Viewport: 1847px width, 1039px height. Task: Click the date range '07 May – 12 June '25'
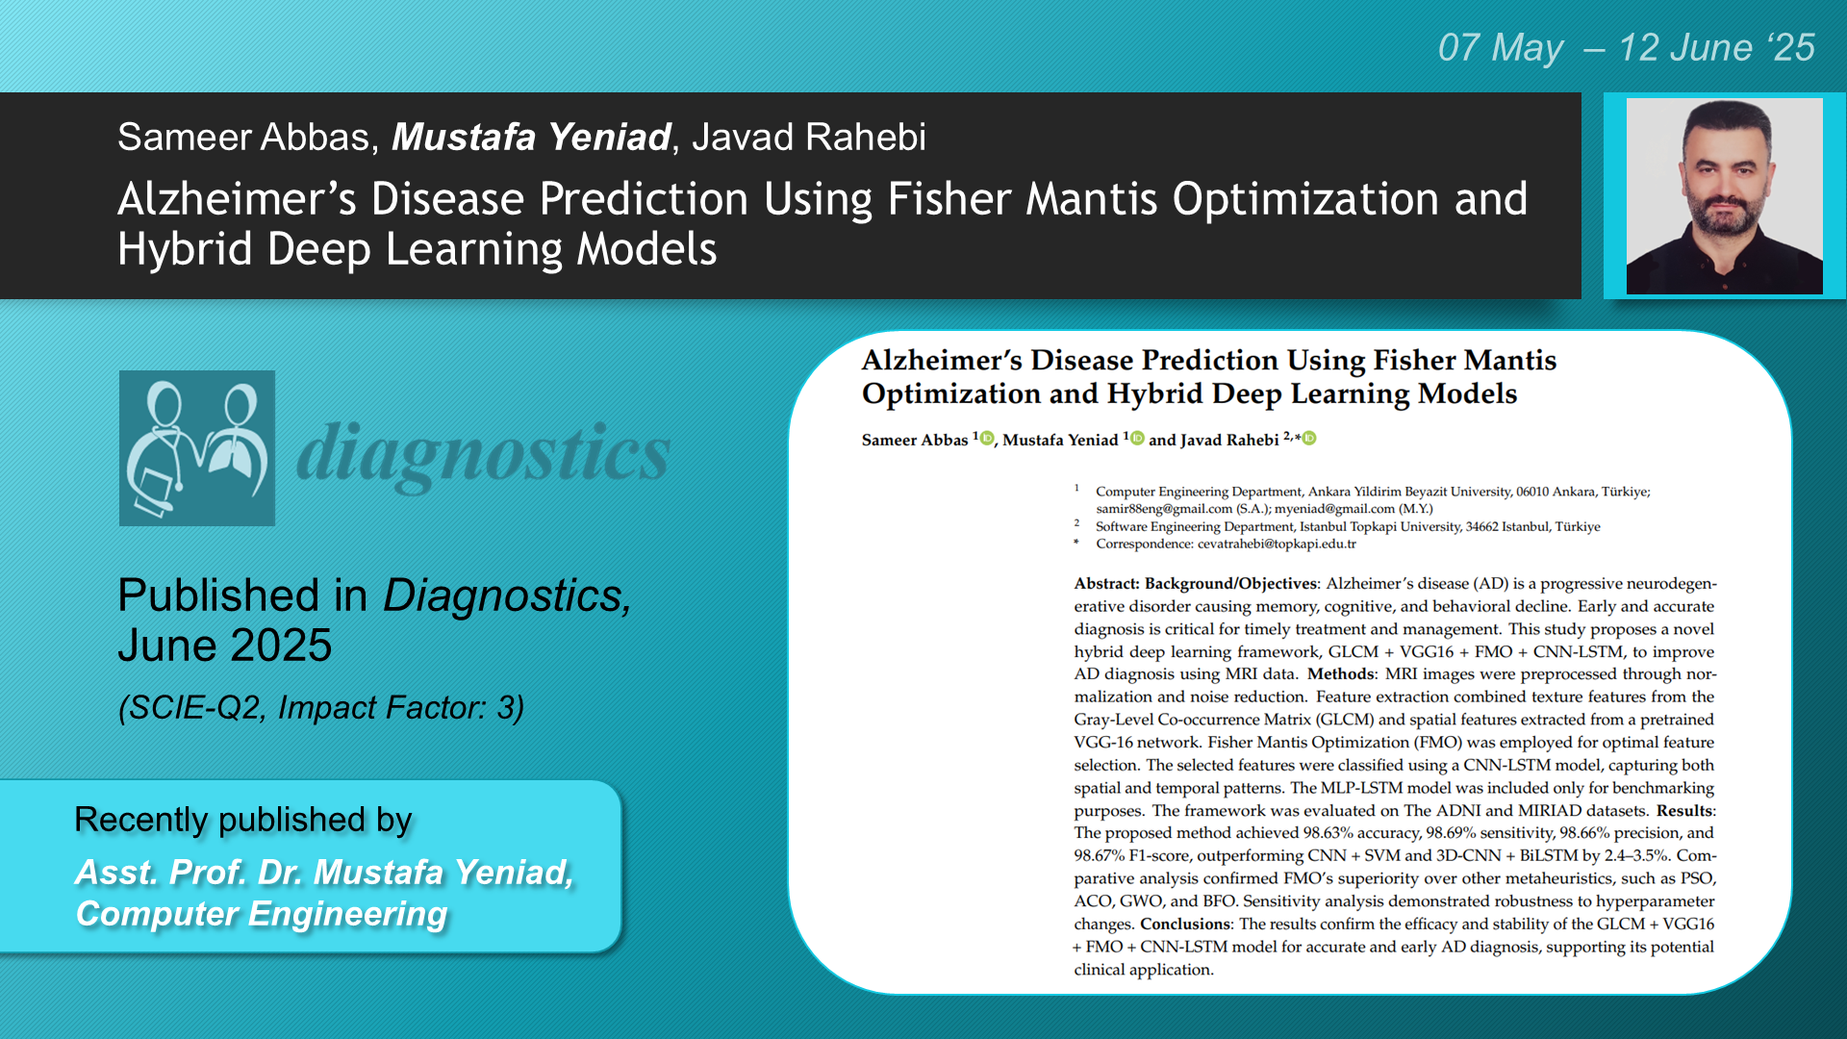pos(1626,47)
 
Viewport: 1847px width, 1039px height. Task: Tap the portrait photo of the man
pos(1724,196)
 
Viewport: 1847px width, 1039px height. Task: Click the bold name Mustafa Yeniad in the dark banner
pos(531,137)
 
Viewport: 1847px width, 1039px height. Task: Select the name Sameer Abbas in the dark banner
pos(243,137)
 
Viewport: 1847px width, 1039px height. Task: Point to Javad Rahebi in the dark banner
pos(809,137)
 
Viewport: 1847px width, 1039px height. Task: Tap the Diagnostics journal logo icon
pos(197,448)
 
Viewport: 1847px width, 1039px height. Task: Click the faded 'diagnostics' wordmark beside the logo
pos(483,453)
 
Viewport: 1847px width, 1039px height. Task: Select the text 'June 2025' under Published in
pos(224,645)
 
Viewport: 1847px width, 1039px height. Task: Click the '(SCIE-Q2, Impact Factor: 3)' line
pos(321,708)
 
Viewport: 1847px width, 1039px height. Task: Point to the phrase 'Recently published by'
pos(242,820)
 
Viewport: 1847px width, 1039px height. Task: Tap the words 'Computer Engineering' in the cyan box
pos(262,914)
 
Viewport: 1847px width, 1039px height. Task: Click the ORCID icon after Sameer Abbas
pos(986,439)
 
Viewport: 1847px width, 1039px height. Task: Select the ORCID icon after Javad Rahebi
pos(1309,439)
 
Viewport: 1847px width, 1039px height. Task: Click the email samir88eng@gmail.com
pos(1164,509)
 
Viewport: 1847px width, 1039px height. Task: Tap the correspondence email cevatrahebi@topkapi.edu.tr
pos(1277,544)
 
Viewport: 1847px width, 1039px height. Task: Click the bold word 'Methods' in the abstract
pos(1341,673)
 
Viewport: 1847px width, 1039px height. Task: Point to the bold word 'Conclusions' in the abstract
pos(1185,924)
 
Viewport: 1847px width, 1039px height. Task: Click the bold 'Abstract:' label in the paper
pos(1106,583)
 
